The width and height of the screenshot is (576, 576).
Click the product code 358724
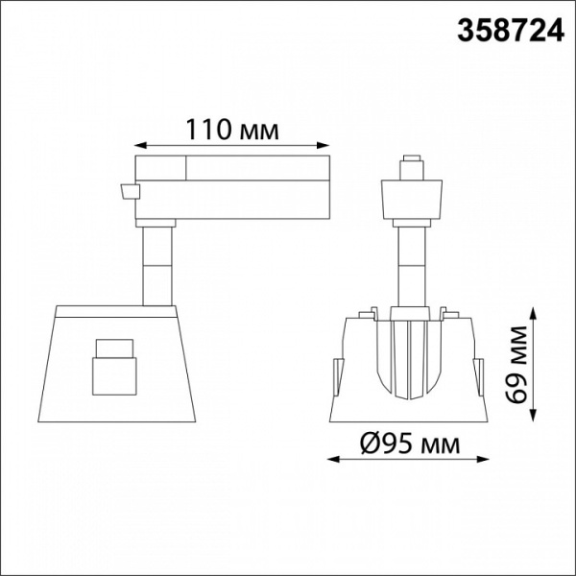511,31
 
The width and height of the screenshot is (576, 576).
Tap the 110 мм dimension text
232,130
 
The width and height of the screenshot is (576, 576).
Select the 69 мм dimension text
516,364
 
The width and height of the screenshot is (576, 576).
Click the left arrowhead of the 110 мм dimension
141,146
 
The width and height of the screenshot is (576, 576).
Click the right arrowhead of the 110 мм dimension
323,146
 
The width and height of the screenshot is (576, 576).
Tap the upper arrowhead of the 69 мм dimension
533,315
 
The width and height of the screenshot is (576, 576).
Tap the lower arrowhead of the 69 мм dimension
533,415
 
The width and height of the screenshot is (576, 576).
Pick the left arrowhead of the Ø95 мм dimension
333,459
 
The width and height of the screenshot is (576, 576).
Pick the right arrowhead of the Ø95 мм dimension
482,459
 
